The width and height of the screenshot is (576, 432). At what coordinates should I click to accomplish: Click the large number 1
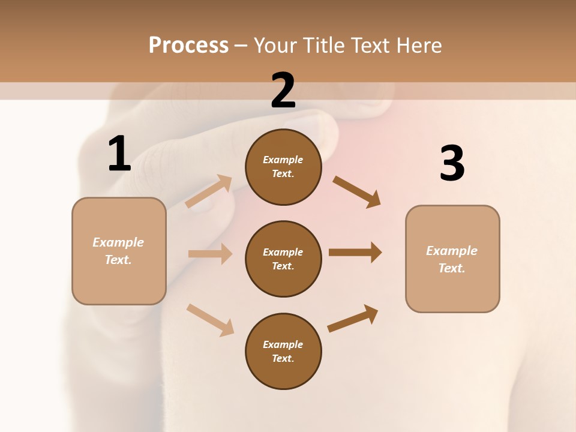119,154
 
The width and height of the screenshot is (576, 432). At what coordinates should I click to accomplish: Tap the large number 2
283,91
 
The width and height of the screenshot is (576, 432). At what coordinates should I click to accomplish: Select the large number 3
452,164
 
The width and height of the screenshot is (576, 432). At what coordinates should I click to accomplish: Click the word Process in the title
188,45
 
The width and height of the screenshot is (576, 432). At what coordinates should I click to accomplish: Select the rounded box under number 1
119,251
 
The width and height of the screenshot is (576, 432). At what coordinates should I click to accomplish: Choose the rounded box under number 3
452,259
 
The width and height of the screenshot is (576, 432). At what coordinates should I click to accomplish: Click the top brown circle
283,167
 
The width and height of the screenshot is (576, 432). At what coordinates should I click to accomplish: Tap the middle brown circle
283,259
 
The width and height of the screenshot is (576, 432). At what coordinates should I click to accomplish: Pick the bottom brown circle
283,352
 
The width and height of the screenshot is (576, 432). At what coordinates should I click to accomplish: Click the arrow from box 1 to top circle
208,191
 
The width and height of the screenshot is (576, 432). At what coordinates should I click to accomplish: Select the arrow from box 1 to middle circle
210,254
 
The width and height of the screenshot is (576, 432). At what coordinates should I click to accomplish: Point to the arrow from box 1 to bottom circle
210,320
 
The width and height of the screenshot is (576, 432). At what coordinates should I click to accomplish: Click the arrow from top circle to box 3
356,191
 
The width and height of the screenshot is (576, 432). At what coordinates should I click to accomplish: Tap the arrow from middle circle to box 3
355,253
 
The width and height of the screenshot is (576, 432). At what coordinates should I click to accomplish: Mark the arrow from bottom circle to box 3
353,318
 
